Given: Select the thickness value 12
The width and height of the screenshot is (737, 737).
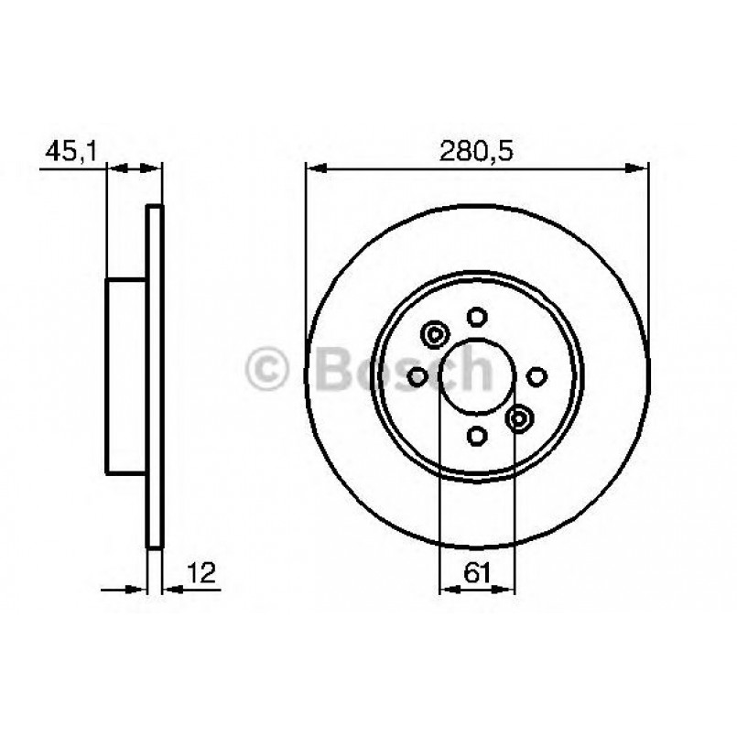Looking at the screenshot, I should (201, 573).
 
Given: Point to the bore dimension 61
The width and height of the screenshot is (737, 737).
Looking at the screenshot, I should (476, 573).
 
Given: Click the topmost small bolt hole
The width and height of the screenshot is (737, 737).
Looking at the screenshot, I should (476, 317).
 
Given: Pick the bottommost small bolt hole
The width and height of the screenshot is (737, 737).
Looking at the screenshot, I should (476, 435).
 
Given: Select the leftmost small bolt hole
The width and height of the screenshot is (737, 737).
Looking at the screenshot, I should (417, 375).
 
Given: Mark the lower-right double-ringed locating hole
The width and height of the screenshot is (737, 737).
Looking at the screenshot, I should (519, 418).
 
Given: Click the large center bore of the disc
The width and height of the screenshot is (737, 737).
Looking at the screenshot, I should (476, 376).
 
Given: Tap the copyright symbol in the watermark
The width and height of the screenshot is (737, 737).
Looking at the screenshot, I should (268, 371).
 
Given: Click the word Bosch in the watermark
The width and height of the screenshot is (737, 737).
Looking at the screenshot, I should (403, 371).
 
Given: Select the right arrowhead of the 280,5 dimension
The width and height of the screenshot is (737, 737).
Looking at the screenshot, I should (639, 168).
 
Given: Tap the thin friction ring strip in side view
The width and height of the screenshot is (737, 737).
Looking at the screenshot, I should (155, 375).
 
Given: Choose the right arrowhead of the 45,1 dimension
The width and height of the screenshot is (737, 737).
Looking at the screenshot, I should (154, 168).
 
